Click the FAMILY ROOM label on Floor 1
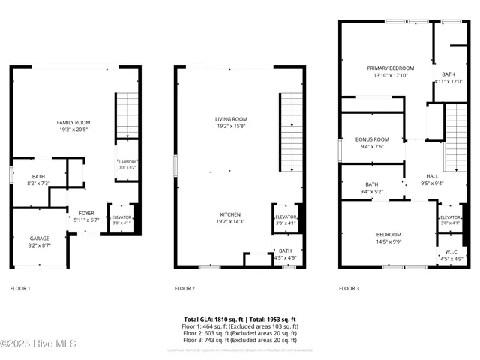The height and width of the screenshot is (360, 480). pyautogui.click(x=73, y=122)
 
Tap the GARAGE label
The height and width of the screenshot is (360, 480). pyautogui.click(x=40, y=238)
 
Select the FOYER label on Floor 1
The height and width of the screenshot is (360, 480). pyautogui.click(x=86, y=213)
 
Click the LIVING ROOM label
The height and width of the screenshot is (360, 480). pyautogui.click(x=231, y=119)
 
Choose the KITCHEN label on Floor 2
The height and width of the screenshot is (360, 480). pyautogui.click(x=231, y=214)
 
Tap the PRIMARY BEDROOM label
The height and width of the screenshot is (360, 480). pyautogui.click(x=385, y=67)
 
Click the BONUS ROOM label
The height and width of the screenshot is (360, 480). pyautogui.click(x=372, y=139)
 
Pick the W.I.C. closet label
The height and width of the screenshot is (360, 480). pyautogui.click(x=451, y=252)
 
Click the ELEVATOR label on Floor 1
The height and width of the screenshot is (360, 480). pyautogui.click(x=121, y=217)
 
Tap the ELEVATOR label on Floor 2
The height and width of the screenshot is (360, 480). pyautogui.click(x=286, y=217)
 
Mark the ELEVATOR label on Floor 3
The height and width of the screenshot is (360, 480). pyautogui.click(x=450, y=217)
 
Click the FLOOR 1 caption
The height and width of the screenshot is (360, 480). pyautogui.click(x=20, y=288)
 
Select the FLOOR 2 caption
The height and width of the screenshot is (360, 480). pyautogui.click(x=184, y=288)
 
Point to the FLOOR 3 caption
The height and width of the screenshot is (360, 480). pyautogui.click(x=349, y=288)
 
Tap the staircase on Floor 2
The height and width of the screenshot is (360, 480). pyautogui.click(x=291, y=132)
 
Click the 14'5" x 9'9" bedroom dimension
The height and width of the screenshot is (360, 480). pyautogui.click(x=388, y=241)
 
